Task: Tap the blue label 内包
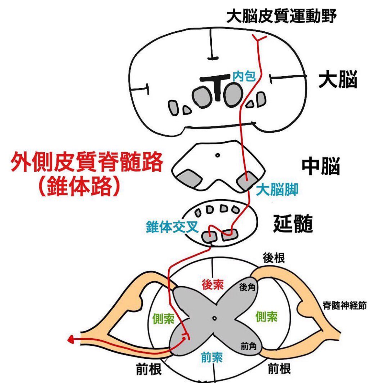[244, 76]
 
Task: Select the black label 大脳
[338, 80]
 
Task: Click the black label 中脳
[321, 167]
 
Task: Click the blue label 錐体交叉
[172, 227]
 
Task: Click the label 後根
[274, 258]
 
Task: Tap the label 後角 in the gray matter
[247, 287]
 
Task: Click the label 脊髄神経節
[344, 305]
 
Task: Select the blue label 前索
[212, 357]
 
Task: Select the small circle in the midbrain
[218, 155]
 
